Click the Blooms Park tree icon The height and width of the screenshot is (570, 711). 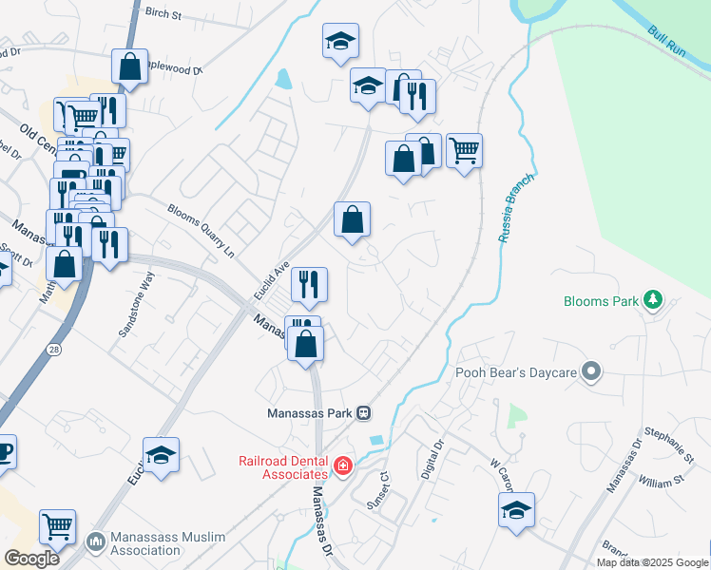pos(652,301)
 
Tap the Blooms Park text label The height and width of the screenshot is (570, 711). pos(601,301)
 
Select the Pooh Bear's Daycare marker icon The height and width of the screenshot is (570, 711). pos(592,372)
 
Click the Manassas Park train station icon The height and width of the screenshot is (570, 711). pos(363,413)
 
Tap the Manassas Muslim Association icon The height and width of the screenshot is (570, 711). pos(95,541)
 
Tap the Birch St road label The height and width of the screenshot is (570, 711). pos(163,14)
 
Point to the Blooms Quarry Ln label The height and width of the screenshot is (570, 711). pos(201,231)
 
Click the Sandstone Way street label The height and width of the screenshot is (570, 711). pos(136,304)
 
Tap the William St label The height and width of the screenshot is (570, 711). pos(662,481)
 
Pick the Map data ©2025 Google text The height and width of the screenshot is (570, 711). pos(652,562)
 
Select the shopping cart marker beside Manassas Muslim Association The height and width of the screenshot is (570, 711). pos(58,525)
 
